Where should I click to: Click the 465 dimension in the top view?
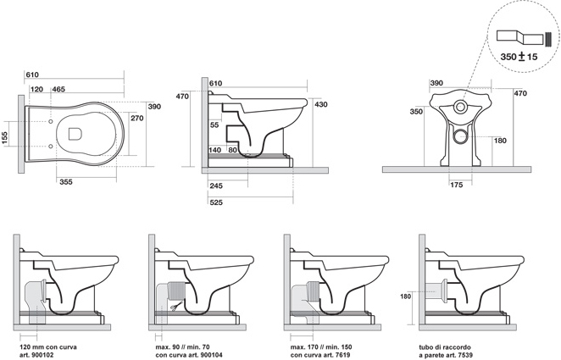coord(58,89)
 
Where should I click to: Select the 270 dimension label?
coord(137,118)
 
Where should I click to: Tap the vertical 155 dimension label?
coord(4,137)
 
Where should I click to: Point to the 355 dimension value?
coord(66,182)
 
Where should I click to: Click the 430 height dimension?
coord(321,104)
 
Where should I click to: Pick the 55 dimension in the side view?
coord(214,125)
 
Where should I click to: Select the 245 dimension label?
coord(216,186)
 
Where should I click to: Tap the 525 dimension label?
coord(216,202)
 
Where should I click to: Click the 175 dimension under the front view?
coord(457,185)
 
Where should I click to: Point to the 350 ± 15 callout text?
coord(519,57)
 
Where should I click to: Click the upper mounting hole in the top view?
coord(51,121)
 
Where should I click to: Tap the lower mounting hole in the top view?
coord(51,146)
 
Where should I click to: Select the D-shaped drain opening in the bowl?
coord(75,134)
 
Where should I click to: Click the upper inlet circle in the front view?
coord(460,106)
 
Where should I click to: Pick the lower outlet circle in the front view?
coord(460,136)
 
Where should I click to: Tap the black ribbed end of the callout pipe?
coord(548,39)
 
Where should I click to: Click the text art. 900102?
coord(36,355)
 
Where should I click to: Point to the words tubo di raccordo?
coord(445,347)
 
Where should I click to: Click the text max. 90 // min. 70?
coord(182,347)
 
